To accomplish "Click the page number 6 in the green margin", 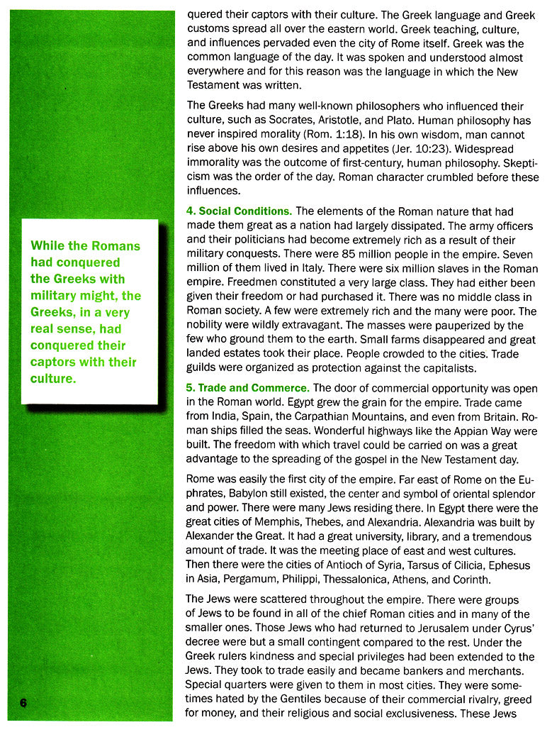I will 23,702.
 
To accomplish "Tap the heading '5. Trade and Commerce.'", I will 247,388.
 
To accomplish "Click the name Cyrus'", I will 512,628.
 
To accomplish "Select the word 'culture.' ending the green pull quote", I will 53,379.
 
